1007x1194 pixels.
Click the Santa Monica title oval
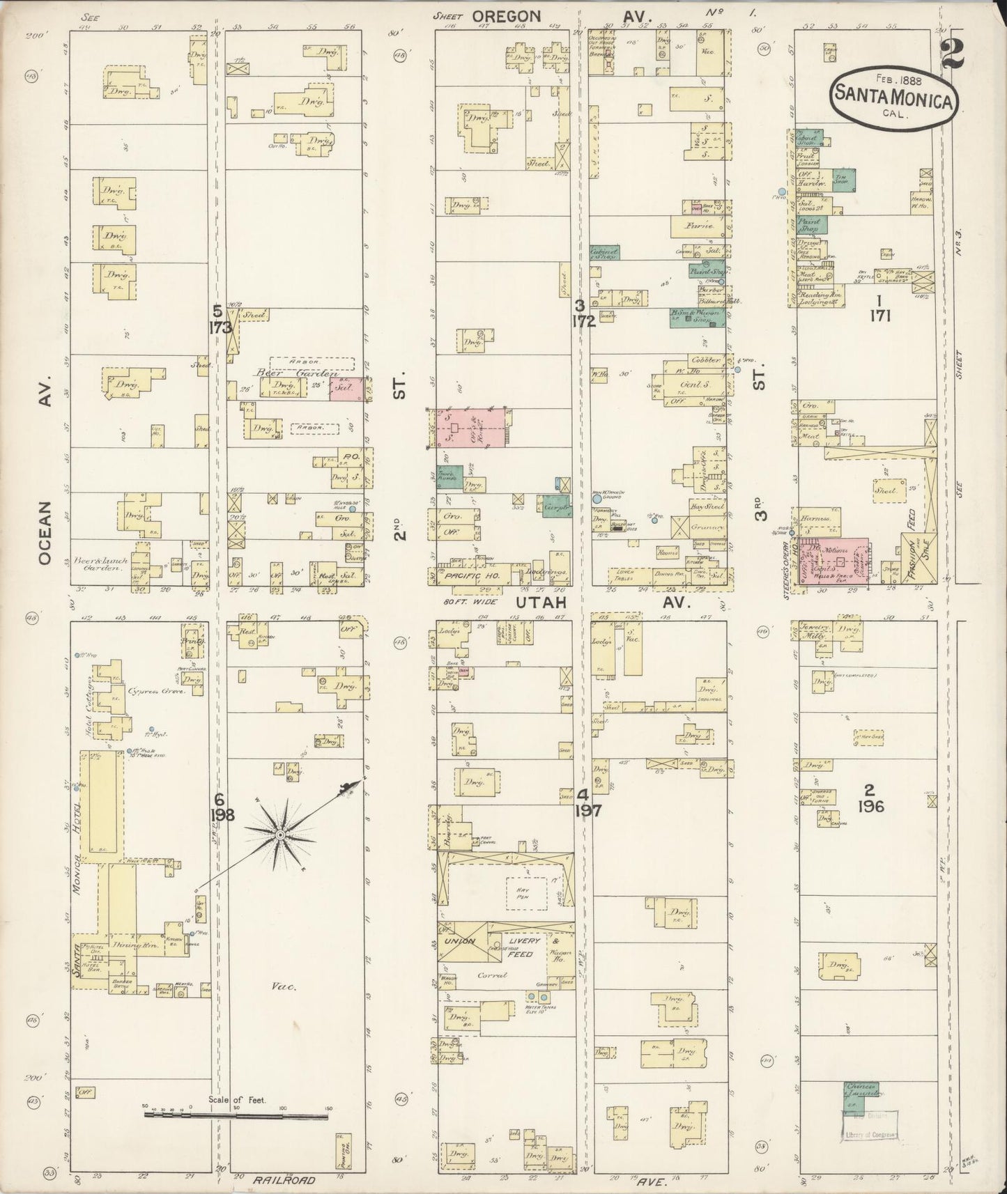893,95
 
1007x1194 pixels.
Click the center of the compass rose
280,834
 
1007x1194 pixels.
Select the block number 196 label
871,807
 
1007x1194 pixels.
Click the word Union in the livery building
460,941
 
